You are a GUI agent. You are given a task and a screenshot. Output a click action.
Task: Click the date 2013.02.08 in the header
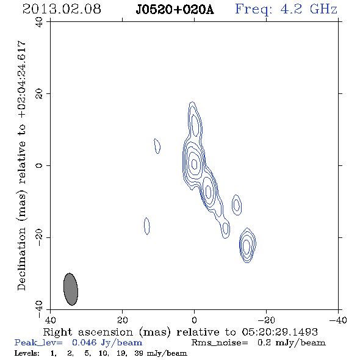click(x=62, y=9)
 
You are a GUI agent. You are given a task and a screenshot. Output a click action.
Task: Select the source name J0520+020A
click(x=175, y=10)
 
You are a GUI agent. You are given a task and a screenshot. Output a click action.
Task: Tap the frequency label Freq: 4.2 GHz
click(x=286, y=9)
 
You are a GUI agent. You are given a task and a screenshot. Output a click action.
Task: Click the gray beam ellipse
click(x=71, y=289)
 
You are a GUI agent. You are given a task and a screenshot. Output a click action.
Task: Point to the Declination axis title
click(x=22, y=166)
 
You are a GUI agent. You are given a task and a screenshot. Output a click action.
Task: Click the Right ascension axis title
click(x=180, y=332)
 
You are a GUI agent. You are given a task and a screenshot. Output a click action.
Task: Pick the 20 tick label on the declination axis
click(x=39, y=94)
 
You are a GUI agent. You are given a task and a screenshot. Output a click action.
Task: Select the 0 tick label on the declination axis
click(x=39, y=165)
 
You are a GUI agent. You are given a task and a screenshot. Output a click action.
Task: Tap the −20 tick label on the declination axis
click(x=39, y=237)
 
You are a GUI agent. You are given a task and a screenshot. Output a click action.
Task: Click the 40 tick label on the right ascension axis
click(x=50, y=320)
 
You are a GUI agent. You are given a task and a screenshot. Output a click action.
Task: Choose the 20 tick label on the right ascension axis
click(x=123, y=320)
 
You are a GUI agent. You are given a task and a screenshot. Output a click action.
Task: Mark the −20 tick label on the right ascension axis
click(x=266, y=320)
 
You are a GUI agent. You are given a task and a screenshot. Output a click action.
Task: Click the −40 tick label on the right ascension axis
click(x=338, y=320)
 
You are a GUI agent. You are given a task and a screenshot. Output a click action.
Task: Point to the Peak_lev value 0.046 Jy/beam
click(x=107, y=343)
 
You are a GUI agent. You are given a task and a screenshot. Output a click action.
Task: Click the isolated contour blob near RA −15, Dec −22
click(x=247, y=245)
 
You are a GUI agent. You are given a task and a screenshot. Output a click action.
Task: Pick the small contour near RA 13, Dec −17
click(x=147, y=226)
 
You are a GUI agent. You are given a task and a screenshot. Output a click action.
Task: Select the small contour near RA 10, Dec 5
click(x=157, y=146)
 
